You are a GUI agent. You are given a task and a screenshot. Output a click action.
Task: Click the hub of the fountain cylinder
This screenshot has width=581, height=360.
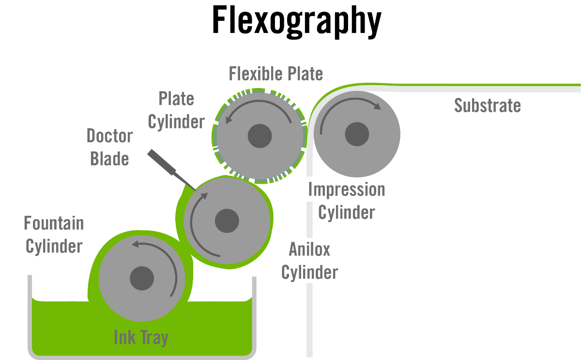(x=142, y=278)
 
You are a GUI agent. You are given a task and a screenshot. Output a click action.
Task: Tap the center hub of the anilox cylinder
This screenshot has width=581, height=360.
(x=227, y=221)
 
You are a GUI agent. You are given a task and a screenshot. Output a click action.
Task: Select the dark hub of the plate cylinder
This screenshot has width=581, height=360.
(x=260, y=136)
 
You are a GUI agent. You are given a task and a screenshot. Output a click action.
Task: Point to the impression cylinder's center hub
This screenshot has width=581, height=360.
(x=357, y=134)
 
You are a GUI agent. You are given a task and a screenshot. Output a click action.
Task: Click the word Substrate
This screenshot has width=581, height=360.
(x=487, y=105)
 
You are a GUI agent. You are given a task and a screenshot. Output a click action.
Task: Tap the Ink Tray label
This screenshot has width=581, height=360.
(x=141, y=337)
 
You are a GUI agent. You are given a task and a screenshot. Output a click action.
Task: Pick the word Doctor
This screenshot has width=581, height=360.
(x=110, y=136)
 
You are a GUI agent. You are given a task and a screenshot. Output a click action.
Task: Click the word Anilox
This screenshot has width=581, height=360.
(x=309, y=250)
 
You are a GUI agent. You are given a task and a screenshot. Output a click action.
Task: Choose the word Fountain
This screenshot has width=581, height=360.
(x=54, y=224)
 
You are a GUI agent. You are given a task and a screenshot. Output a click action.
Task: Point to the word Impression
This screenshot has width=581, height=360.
(x=347, y=190)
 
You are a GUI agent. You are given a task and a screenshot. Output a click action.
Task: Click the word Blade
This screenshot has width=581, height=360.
(x=110, y=159)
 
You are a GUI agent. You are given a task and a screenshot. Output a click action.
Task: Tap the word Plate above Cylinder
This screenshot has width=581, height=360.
(x=176, y=99)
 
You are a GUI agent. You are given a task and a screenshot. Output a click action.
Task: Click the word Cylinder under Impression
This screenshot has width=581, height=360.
(x=347, y=212)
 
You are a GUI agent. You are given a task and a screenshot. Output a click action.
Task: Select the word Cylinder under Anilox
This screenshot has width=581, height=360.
(x=309, y=272)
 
